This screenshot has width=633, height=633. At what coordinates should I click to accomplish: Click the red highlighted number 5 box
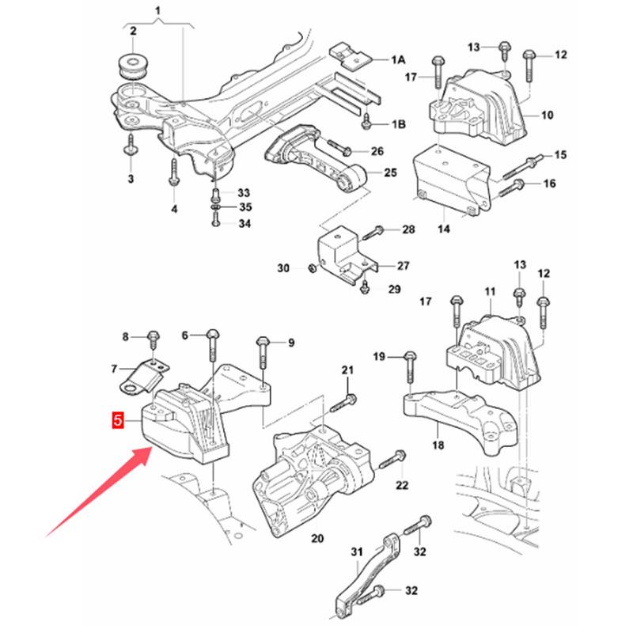[x=118, y=421]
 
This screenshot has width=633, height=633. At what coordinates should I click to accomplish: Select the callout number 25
[x=391, y=172]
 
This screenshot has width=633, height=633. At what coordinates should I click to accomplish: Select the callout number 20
[x=317, y=540]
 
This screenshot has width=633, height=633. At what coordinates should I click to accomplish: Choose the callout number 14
[x=443, y=229]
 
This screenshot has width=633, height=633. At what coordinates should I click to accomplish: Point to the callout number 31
[x=355, y=552]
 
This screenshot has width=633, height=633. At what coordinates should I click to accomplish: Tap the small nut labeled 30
[x=312, y=270]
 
